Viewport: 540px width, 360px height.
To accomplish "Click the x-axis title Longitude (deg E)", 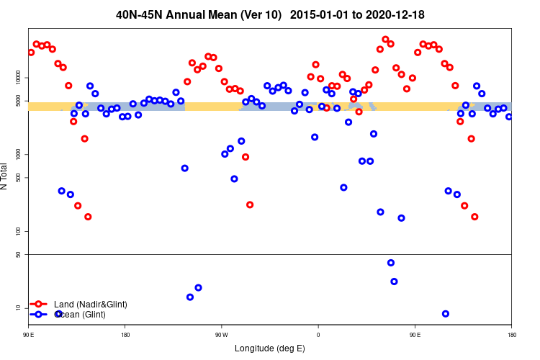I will click(x=270, y=348).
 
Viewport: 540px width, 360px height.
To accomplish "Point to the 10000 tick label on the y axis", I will click(x=20, y=77).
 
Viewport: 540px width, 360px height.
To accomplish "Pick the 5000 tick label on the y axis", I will click(x=20, y=101).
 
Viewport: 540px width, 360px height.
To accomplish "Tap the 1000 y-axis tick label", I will click(x=20, y=155).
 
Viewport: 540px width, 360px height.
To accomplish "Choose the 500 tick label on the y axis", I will click(x=20, y=178).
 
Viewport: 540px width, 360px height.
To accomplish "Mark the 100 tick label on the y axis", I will click(x=20, y=231).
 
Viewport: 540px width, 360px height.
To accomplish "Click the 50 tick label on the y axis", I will click(x=20, y=255).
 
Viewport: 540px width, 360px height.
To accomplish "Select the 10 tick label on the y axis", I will click(x=20, y=308).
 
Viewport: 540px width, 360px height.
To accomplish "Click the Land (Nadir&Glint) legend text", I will click(x=91, y=305).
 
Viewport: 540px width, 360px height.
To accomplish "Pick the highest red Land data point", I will click(x=385, y=40).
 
